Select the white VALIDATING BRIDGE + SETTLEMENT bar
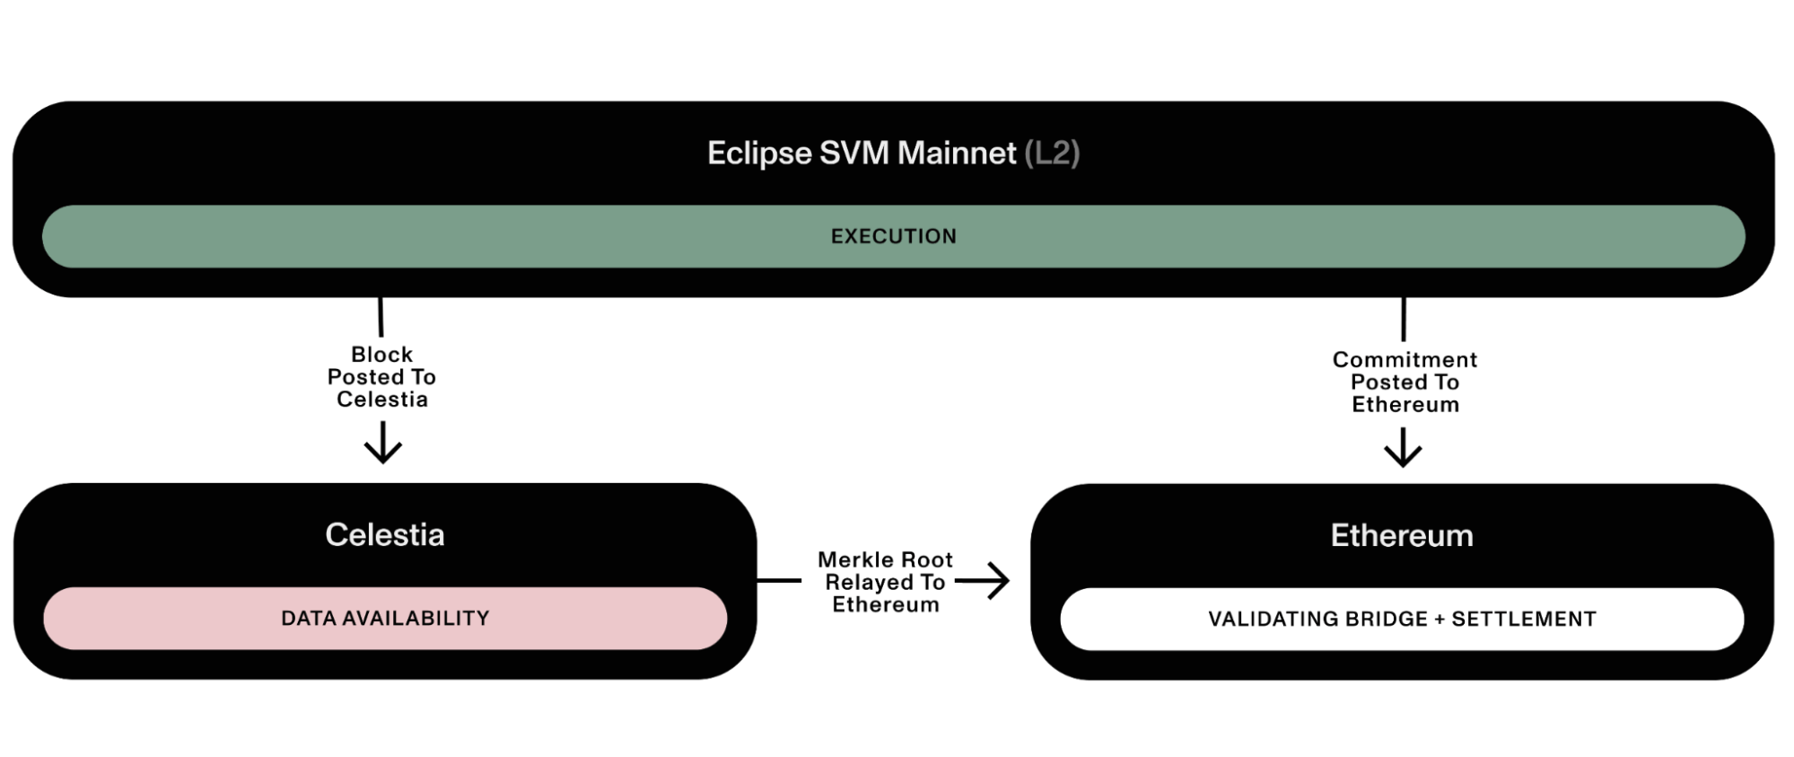click(1402, 619)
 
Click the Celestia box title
click(385, 534)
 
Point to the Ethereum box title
click(1402, 535)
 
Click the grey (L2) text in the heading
click(1052, 153)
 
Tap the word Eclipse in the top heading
click(759, 153)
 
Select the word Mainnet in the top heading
click(957, 153)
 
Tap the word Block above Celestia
click(382, 355)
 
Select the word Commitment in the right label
click(1405, 359)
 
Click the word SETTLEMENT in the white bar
click(1524, 619)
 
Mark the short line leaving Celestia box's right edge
click(779, 581)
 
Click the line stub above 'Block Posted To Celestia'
click(381, 317)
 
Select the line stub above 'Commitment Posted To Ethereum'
click(1404, 319)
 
